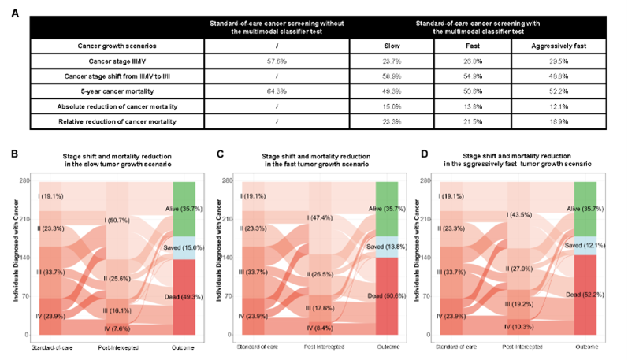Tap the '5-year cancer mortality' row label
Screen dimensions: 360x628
click(117, 92)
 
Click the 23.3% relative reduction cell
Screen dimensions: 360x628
click(390, 122)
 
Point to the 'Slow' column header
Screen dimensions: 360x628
click(390, 45)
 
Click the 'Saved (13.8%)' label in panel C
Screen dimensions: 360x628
click(386, 247)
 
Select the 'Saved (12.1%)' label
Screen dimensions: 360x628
click(588, 245)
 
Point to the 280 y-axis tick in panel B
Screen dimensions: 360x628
click(25, 181)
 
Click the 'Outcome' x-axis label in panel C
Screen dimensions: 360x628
click(386, 347)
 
